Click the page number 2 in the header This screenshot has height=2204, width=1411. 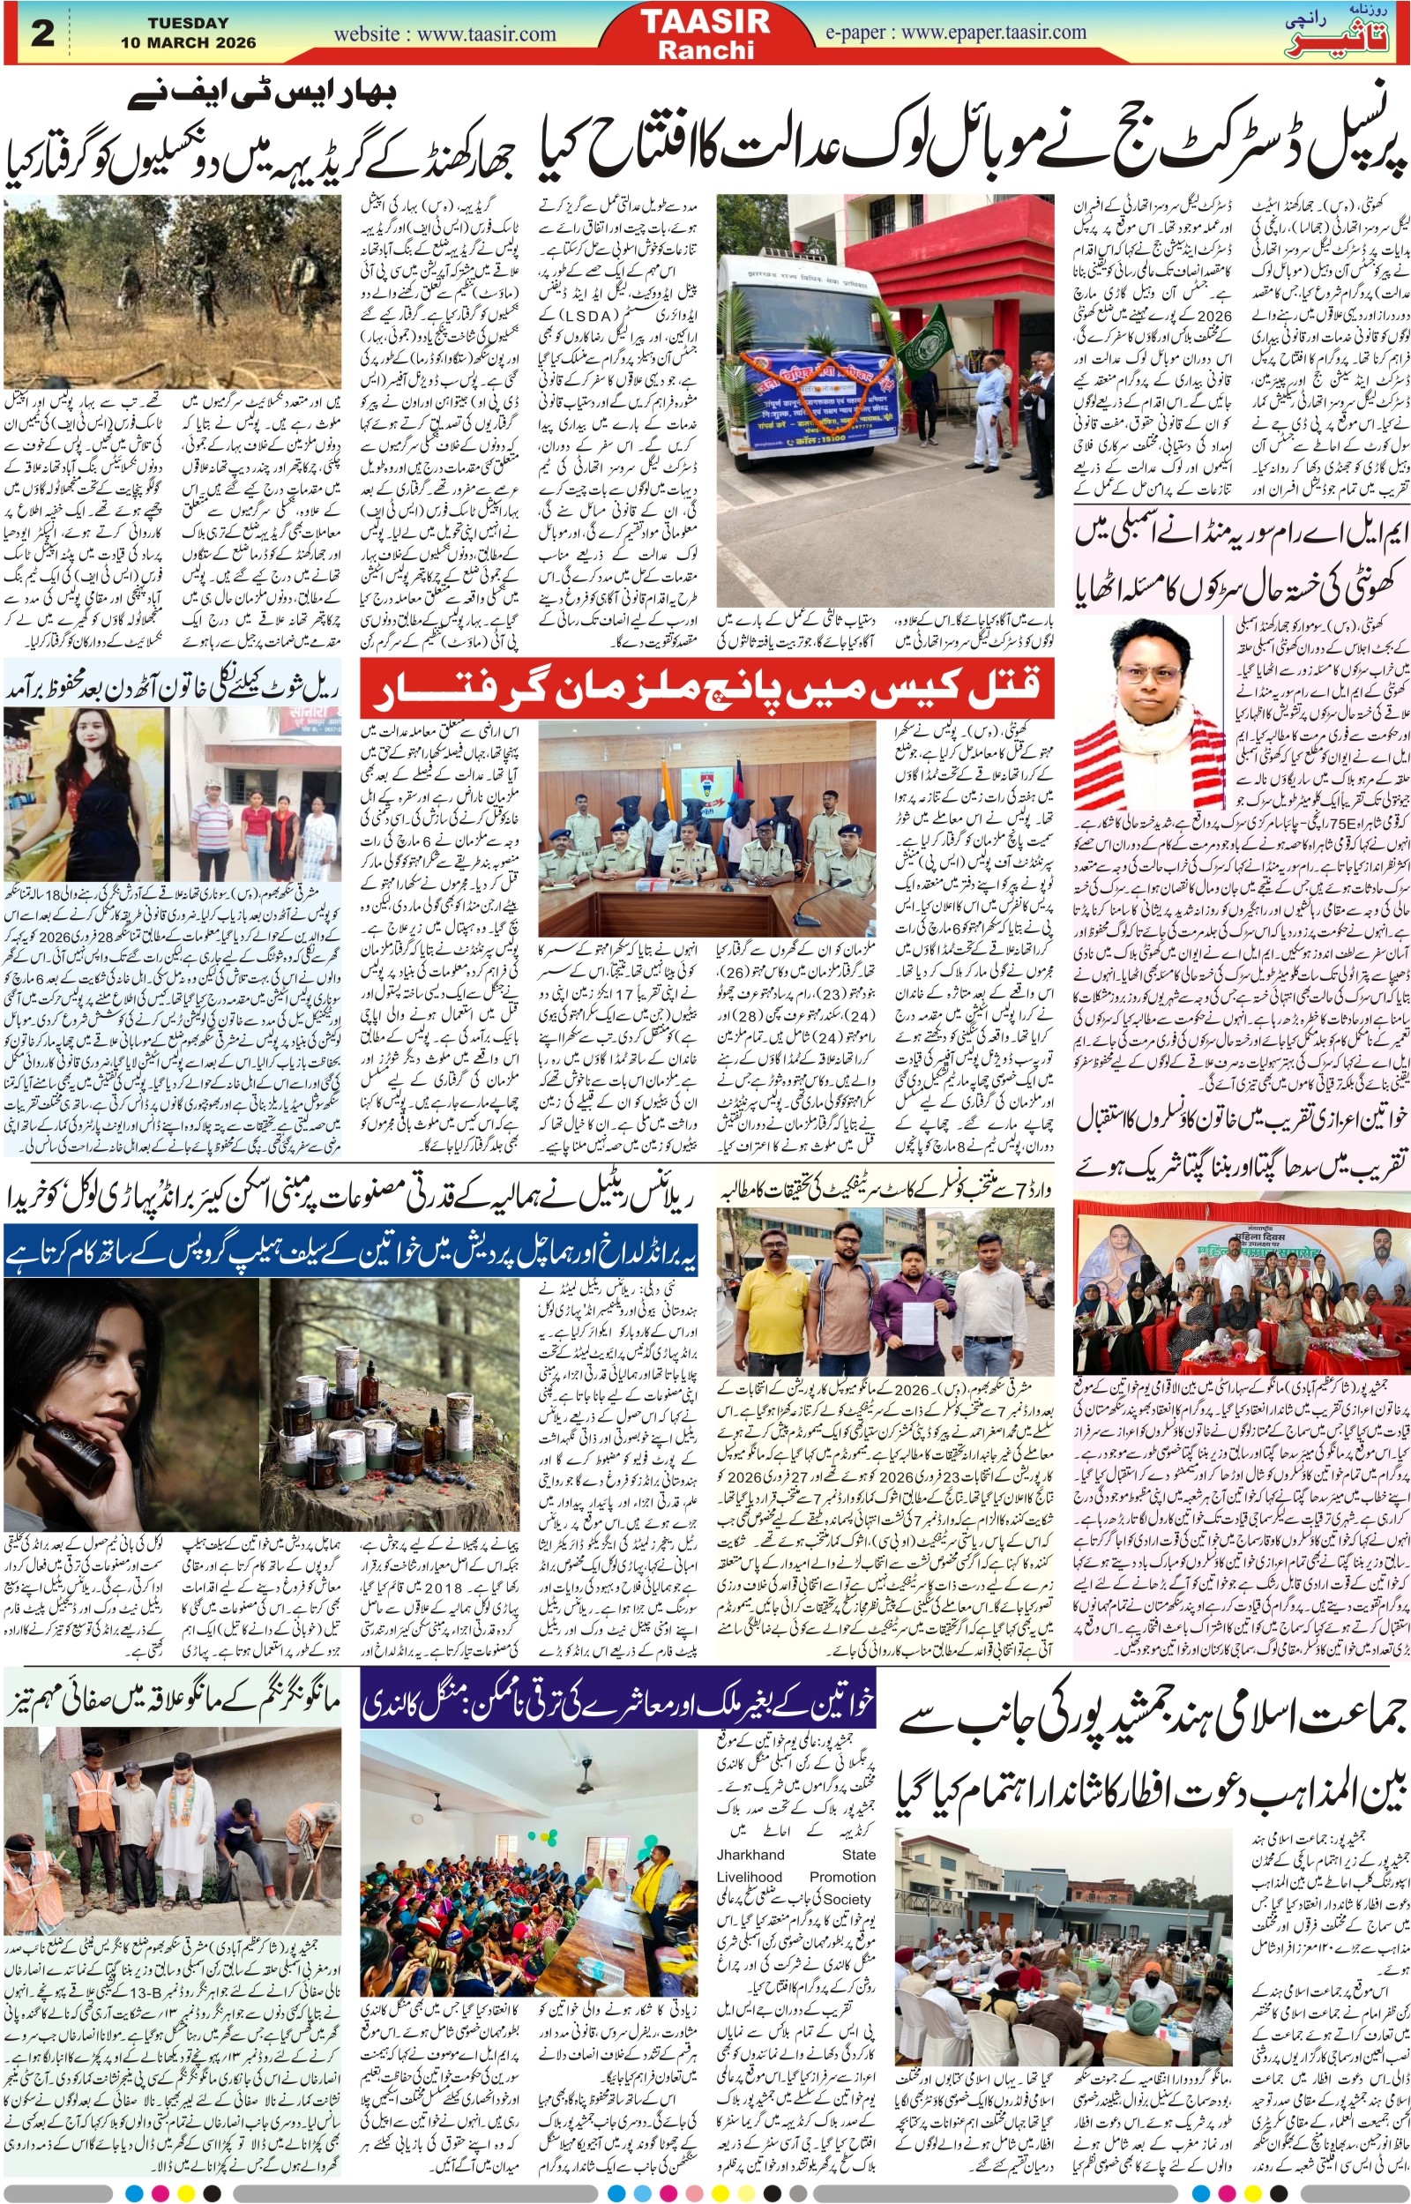[42, 33]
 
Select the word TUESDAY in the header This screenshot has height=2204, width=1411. [188, 23]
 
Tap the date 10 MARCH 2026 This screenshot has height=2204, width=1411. [188, 42]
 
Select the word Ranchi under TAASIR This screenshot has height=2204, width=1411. [705, 49]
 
